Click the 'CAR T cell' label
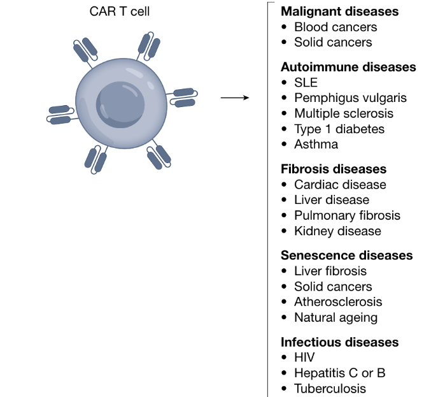click(x=120, y=11)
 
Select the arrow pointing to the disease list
click(x=234, y=98)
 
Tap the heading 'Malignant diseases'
click(x=339, y=11)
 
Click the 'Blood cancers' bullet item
click(x=335, y=27)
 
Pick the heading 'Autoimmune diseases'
click(x=348, y=67)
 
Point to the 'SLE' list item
click(x=306, y=83)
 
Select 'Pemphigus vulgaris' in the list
click(x=350, y=98)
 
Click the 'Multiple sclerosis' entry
click(x=344, y=113)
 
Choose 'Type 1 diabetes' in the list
click(x=339, y=129)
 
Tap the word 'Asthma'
click(x=316, y=144)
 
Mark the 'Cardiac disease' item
click(x=340, y=185)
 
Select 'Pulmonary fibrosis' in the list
click(x=347, y=215)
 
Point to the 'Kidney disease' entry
click(x=337, y=231)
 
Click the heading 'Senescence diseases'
click(x=346, y=256)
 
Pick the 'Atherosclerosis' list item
click(x=338, y=302)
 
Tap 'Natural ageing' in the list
click(x=336, y=317)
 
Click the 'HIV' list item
click(x=304, y=357)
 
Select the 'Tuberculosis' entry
click(x=330, y=389)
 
